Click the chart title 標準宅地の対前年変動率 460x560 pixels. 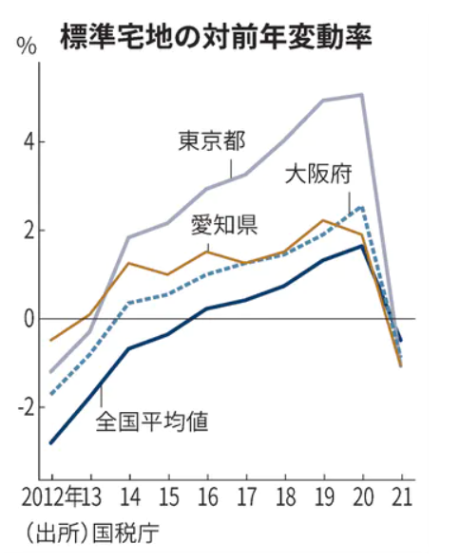coord(214,37)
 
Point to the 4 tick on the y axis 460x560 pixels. coord(29,141)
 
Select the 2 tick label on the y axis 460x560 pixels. coord(29,231)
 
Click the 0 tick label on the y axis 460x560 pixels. coord(29,319)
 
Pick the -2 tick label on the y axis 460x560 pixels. coord(26,407)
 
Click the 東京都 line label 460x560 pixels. coord(213,141)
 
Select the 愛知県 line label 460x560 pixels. coord(225,225)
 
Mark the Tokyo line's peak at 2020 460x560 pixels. coord(362,95)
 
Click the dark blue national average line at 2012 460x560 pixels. coord(51,442)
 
